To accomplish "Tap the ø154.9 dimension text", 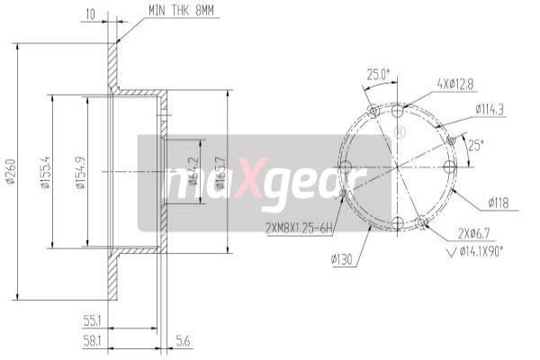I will point(80,171).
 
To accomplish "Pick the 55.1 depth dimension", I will point(91,319).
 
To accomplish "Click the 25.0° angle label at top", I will point(377,74).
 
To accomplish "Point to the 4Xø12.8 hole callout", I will point(454,85).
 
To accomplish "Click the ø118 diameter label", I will point(498,202).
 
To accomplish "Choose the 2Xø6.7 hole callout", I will point(475,234).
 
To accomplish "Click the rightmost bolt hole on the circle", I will point(449,166).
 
